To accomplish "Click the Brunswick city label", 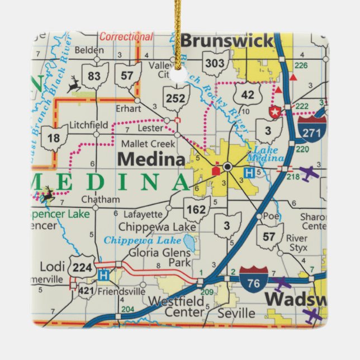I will pyautogui.click(x=227, y=41).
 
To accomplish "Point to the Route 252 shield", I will pyautogui.click(x=176, y=98).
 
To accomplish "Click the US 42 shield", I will pyautogui.click(x=247, y=94).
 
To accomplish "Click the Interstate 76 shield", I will pyautogui.click(x=254, y=280).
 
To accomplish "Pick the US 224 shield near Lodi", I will pyautogui.click(x=82, y=267).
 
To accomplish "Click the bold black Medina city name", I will pyautogui.click(x=151, y=160).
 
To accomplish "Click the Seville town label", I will pyautogui.click(x=236, y=312).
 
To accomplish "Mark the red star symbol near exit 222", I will pyautogui.click(x=274, y=111).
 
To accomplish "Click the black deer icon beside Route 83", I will pyautogui.click(x=73, y=84).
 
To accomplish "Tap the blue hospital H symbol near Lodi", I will pyautogui.click(x=102, y=274).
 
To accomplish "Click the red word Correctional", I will pyautogui.click(x=126, y=37).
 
